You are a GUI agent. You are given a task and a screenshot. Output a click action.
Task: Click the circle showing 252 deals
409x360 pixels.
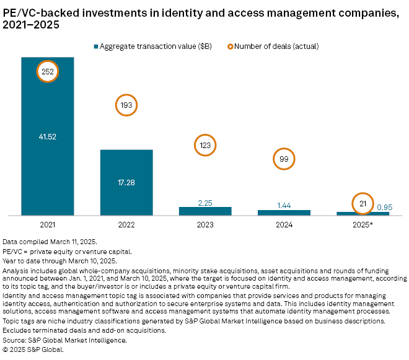point(48,72)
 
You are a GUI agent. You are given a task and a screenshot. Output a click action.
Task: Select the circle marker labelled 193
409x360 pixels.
point(126,106)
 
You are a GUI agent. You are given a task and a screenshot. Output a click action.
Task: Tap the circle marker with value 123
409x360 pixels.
point(205,145)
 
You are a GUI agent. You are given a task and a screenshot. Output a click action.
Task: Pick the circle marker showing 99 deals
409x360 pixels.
point(284,160)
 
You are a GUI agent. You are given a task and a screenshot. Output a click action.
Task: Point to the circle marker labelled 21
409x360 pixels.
point(362,204)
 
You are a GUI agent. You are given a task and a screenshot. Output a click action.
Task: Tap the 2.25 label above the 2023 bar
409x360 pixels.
point(205,202)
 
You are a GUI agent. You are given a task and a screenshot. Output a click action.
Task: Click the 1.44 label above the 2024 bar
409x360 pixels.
point(284,205)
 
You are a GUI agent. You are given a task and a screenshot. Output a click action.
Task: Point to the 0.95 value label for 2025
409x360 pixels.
point(384,208)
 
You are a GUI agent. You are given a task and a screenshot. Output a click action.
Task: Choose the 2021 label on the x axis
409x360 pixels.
point(48,224)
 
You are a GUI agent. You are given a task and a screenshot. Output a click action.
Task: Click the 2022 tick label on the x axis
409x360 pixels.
point(126,224)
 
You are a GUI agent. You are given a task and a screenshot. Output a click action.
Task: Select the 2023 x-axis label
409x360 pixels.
point(205,224)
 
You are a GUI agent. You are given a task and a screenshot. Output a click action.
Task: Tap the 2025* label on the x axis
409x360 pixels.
point(363,224)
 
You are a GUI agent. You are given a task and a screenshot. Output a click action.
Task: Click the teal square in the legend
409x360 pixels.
point(96,46)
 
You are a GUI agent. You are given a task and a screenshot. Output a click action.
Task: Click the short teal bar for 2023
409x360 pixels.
point(205,211)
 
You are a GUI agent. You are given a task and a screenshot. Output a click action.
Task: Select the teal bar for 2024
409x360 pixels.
point(284,213)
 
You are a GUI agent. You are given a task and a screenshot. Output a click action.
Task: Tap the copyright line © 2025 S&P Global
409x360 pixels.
point(33,349)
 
